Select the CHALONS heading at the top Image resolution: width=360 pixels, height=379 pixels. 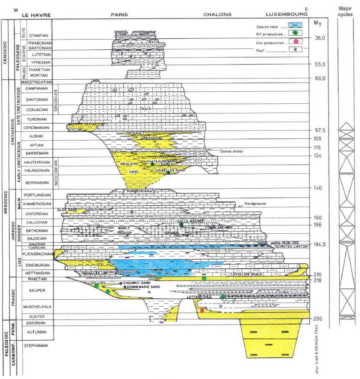[x=217, y=15]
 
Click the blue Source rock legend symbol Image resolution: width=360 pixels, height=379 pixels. [x=295, y=27]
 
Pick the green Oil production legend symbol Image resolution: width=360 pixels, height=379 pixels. [x=295, y=34]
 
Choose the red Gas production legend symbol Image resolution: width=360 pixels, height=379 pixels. [x=295, y=42]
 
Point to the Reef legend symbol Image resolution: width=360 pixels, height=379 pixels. [x=295, y=49]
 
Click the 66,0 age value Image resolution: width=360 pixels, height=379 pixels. [x=320, y=78]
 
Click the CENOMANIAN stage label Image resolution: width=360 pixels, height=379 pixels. [x=38, y=127]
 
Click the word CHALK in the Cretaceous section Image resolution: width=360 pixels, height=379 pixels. [x=145, y=109]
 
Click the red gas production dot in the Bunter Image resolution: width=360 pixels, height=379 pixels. [x=202, y=310]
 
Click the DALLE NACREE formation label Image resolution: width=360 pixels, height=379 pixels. [x=191, y=221]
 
